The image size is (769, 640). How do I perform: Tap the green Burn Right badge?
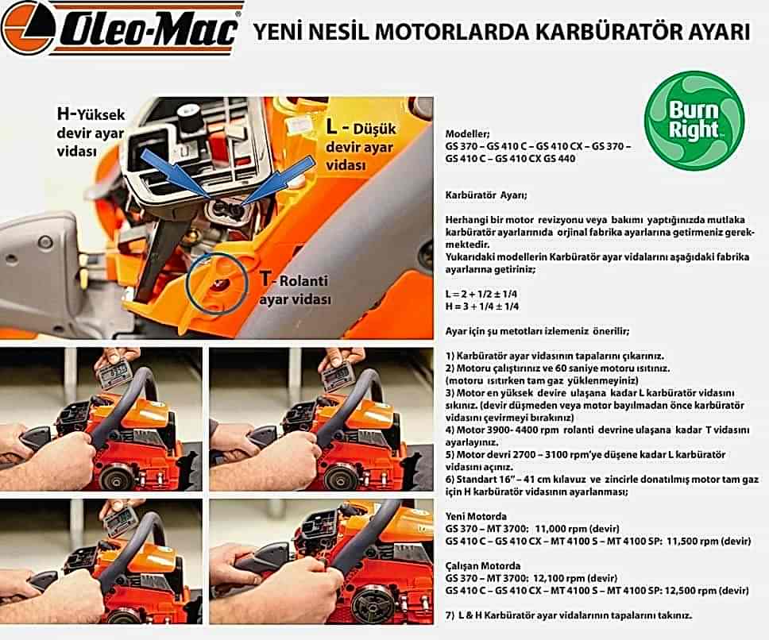(x=694, y=121)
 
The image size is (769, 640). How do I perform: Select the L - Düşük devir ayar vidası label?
(x=360, y=146)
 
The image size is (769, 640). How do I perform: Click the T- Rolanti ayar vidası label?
(x=295, y=289)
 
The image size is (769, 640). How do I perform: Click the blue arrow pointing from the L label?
(x=276, y=179)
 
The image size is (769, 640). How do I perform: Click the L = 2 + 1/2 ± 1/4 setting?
(x=481, y=294)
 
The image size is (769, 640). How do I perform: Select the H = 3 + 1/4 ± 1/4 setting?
(x=482, y=307)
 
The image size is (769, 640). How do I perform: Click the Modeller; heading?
(x=467, y=133)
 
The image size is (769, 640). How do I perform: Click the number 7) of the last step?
(x=450, y=615)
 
